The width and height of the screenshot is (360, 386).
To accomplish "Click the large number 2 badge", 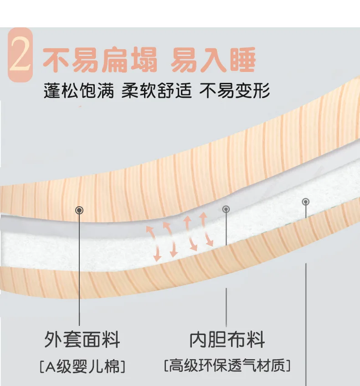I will coord(20,56).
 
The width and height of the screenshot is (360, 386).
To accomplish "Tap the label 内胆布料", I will coord(227,340).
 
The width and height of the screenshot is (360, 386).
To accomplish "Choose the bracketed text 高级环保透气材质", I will coord(227,365).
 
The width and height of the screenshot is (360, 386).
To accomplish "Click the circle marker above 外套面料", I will coord(80,210).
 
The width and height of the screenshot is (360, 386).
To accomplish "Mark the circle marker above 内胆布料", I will coord(226,209).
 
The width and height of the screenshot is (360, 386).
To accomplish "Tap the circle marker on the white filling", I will coord(305,201).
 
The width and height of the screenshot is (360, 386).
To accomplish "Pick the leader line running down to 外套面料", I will coord(80,273).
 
